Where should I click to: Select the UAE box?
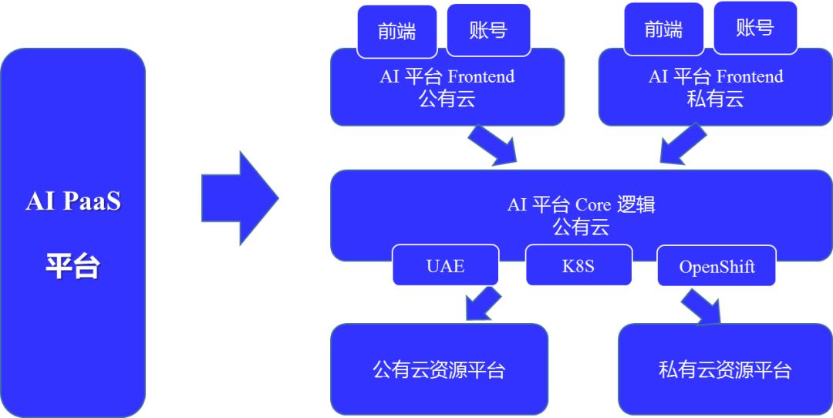[x=445, y=266]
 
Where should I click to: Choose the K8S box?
[x=578, y=266]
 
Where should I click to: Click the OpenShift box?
[x=717, y=267]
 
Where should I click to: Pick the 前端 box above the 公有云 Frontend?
[x=396, y=31]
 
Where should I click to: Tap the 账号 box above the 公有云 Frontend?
[x=488, y=30]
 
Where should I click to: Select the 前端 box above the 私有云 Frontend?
[x=663, y=30]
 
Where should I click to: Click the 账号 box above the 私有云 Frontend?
[x=754, y=29]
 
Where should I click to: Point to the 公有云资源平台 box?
[x=439, y=369]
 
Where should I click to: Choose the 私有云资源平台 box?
[x=725, y=369]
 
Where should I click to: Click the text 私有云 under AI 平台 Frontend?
[x=715, y=99]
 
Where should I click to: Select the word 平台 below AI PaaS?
[x=73, y=266]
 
